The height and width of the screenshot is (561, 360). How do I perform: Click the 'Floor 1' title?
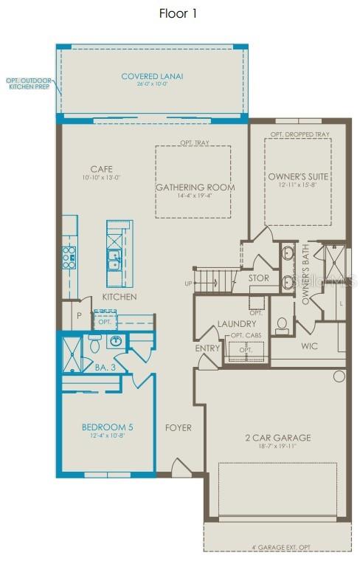pyautogui.click(x=178, y=13)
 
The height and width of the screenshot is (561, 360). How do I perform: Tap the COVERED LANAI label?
pyautogui.click(x=152, y=76)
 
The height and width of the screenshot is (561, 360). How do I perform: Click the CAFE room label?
pyautogui.click(x=101, y=169)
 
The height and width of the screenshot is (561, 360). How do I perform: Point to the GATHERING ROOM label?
pyautogui.click(x=195, y=187)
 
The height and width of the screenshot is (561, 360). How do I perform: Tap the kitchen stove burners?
pyautogui.click(x=69, y=257)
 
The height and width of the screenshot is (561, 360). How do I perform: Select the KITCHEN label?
pyautogui.click(x=120, y=297)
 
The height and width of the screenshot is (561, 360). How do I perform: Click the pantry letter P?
pyautogui.click(x=78, y=314)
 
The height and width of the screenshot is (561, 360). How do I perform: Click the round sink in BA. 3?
pyautogui.click(x=117, y=341)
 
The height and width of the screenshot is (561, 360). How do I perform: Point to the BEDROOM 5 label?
pyautogui.click(x=108, y=426)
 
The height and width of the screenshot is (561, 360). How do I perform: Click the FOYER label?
pyautogui.click(x=178, y=427)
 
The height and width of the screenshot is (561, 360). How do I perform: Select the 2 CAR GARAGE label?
pyautogui.click(x=277, y=438)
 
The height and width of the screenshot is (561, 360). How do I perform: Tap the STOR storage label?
pyautogui.click(x=258, y=278)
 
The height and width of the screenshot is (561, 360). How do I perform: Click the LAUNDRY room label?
pyautogui.click(x=236, y=323)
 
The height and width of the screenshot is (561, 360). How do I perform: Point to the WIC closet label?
pyautogui.click(x=309, y=345)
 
